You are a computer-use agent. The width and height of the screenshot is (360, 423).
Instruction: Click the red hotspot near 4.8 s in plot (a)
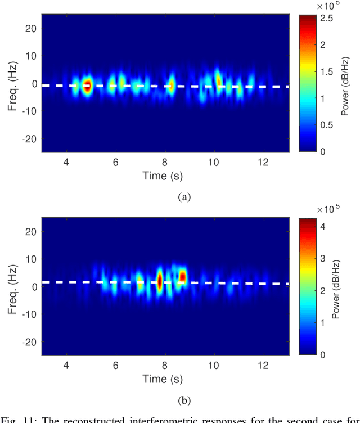[87, 86]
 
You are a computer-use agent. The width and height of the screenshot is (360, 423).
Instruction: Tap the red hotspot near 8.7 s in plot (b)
[182, 277]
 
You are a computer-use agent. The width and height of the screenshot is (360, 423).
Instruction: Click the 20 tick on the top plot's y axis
[31, 29]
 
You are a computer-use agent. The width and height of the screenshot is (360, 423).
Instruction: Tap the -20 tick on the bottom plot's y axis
[29, 341]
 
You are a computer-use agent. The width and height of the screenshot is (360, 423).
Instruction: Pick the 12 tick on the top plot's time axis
[264, 163]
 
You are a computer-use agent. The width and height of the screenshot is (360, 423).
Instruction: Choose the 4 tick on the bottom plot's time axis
[66, 366]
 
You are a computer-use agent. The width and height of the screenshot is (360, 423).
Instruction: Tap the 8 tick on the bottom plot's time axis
[165, 366]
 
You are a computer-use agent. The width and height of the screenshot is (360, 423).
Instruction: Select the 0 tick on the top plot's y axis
[34, 83]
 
